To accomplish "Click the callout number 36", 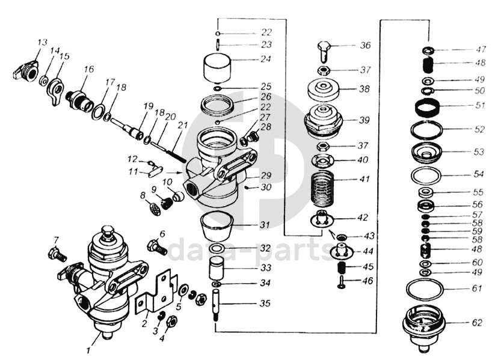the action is pos(365,45).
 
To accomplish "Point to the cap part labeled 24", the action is pos(218,68).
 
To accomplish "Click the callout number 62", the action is pos(477,322).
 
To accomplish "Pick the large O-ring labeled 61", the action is pos(425,288).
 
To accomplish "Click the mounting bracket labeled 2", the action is pos(156,295).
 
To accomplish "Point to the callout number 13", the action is pos(42,43).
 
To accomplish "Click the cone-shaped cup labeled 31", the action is pos(217,226).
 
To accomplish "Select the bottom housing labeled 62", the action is pos(424,328).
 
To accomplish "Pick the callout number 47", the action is pos(481,49).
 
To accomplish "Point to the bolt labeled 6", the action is pos(156,247).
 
